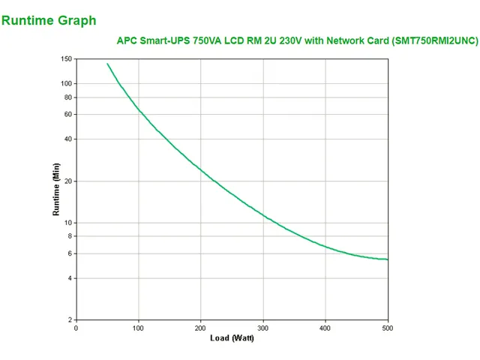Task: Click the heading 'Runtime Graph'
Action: pyautogui.click(x=49, y=20)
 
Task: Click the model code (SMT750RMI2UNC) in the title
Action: pyautogui.click(x=435, y=41)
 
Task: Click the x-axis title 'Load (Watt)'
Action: pyautogui.click(x=232, y=337)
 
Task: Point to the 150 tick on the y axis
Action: pyautogui.click(x=66, y=59)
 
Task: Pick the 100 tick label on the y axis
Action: pyautogui.click(x=66, y=83)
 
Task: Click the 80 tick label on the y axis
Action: pyautogui.click(x=67, y=97)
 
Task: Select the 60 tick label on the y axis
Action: pyautogui.click(x=67, y=114)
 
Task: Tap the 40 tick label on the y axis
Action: pyautogui.click(x=67, y=139)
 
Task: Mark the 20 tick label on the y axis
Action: pyautogui.click(x=67, y=181)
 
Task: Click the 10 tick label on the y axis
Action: pyautogui.click(x=67, y=223)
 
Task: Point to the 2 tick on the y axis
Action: pyautogui.click(x=70, y=320)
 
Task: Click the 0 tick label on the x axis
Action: pyautogui.click(x=76, y=328)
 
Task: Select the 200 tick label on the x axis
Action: pyautogui.click(x=200, y=328)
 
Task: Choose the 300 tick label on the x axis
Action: pyautogui.click(x=262, y=328)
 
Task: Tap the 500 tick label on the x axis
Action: pyautogui.click(x=387, y=328)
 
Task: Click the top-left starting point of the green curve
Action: pyautogui.click(x=107, y=64)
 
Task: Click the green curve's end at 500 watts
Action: pyautogui.click(x=387, y=259)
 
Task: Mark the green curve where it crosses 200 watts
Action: pyautogui.click(x=200, y=169)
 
